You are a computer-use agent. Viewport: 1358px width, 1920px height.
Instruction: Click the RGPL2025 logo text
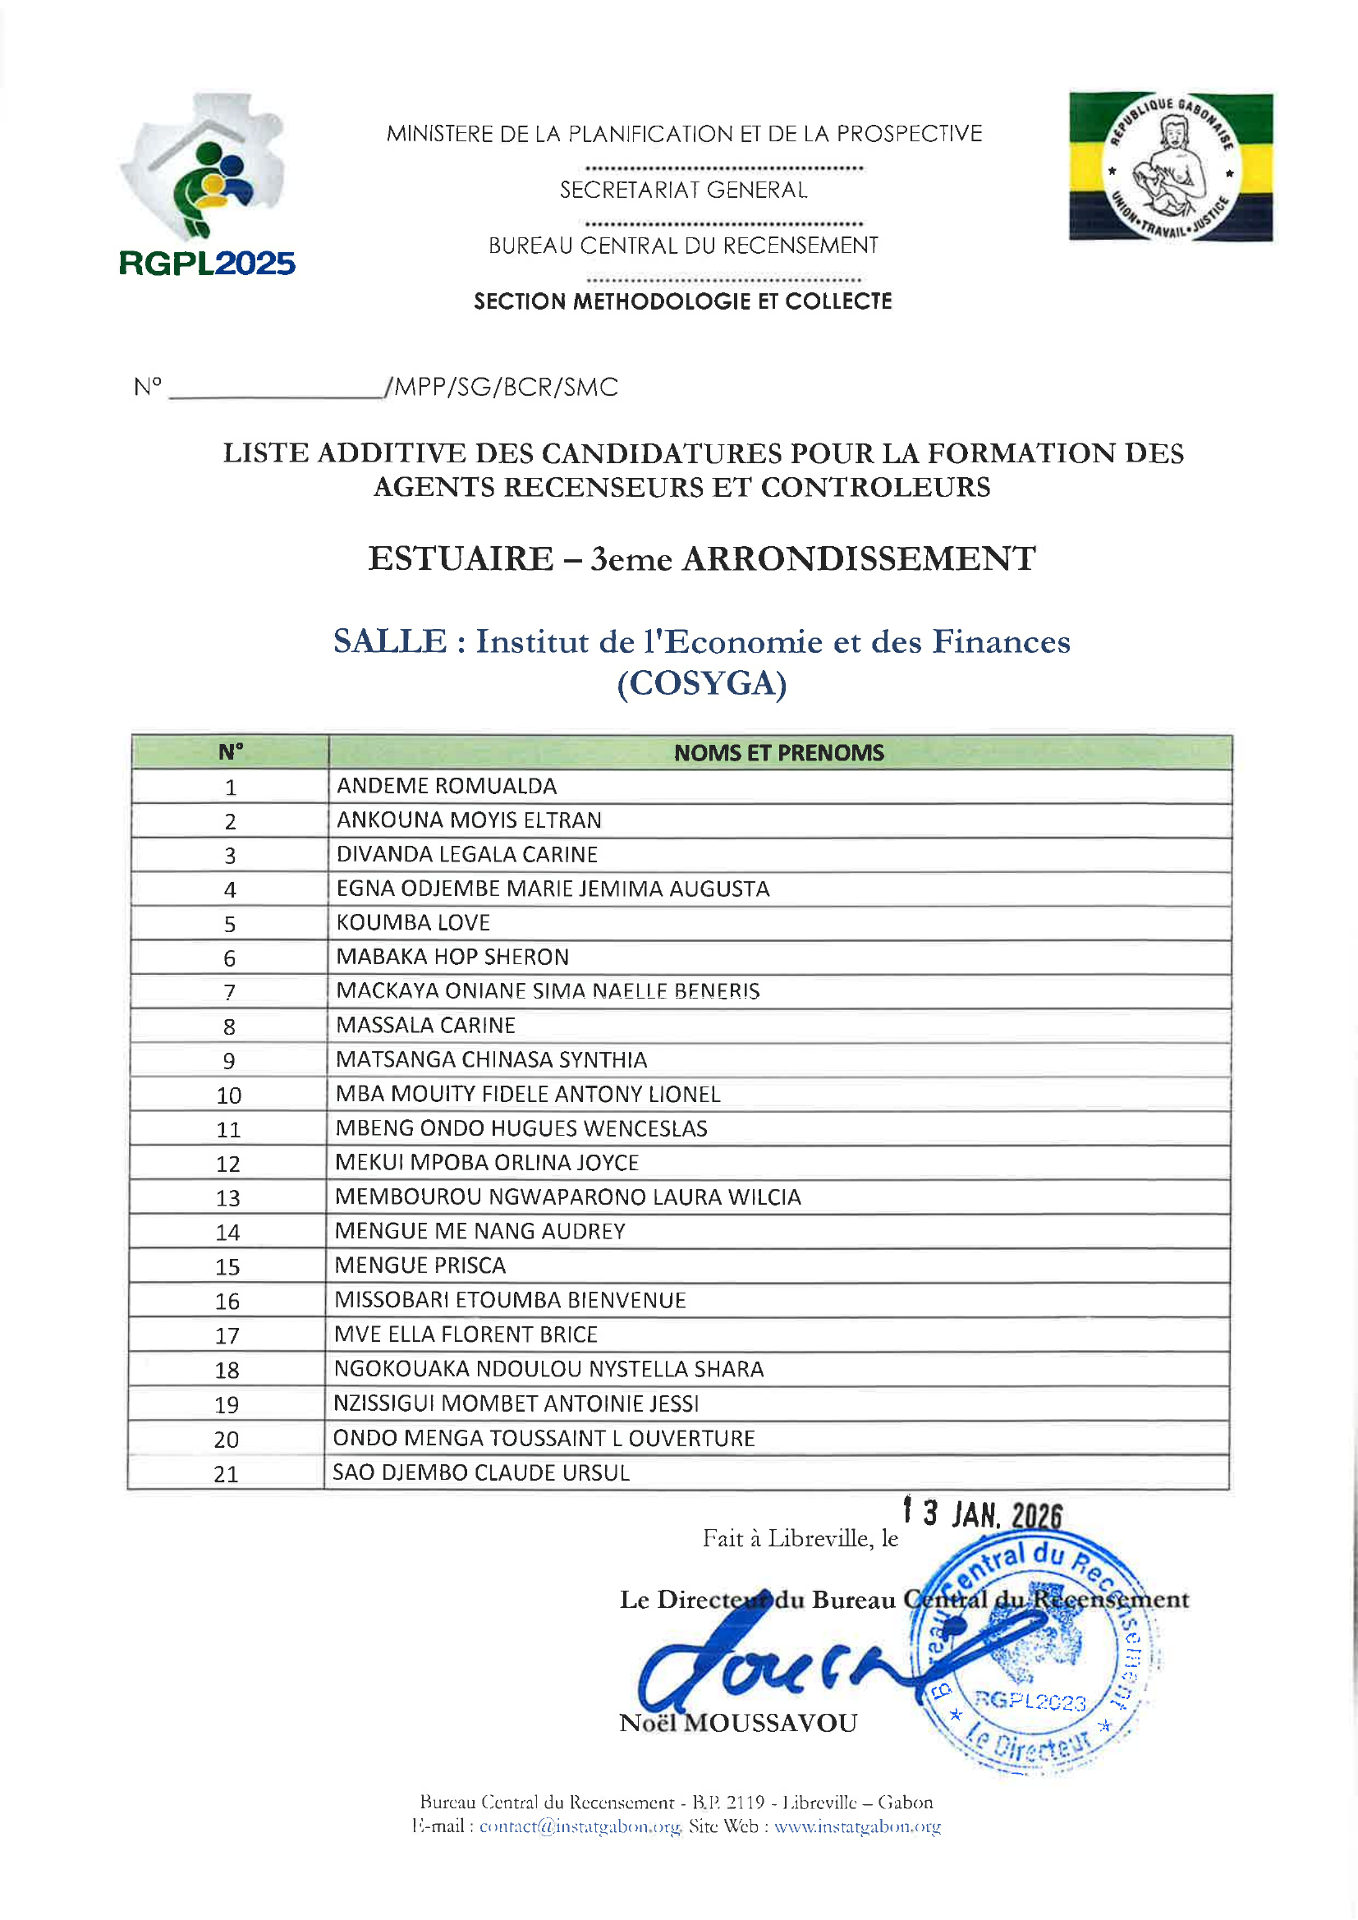(207, 264)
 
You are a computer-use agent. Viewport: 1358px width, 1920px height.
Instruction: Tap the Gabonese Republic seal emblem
(1171, 168)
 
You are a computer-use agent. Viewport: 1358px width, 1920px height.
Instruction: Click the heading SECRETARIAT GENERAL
(683, 191)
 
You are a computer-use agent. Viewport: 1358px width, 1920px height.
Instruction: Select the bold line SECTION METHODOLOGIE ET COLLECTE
(682, 301)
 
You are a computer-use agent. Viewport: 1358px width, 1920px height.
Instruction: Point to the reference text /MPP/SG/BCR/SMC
(501, 387)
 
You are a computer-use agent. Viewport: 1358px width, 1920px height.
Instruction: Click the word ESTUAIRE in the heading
(461, 558)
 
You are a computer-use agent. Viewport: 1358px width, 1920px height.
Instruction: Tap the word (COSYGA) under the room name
(701, 684)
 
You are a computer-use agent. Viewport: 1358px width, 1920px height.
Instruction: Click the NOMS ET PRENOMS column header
(778, 752)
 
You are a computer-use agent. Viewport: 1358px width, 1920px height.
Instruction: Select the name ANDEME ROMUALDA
(447, 786)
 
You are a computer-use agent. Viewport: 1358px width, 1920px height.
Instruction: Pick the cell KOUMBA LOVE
(413, 922)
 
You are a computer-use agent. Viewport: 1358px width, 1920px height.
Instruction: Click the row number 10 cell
(228, 1096)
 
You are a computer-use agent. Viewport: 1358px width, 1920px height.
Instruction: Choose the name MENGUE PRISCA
(420, 1265)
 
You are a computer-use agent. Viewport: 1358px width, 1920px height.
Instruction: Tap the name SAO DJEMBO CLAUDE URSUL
(481, 1472)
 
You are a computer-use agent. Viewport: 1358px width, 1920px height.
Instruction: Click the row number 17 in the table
(227, 1335)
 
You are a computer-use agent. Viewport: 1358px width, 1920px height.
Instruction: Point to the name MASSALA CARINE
(425, 1025)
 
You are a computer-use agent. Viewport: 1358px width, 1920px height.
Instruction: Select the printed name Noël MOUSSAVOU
(737, 1724)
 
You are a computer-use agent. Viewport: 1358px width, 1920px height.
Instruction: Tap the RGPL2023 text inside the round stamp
(1030, 1701)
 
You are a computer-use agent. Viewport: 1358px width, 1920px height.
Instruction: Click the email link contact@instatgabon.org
(580, 1826)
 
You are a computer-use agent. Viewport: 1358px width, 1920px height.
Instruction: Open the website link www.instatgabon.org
(857, 1826)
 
